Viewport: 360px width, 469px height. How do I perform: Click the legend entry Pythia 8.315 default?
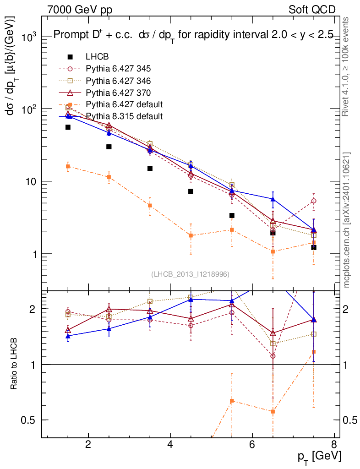124,116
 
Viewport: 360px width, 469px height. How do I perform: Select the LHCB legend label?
97,57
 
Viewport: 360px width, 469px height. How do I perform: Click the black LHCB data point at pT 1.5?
68,127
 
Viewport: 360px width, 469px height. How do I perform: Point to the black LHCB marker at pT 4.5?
191,191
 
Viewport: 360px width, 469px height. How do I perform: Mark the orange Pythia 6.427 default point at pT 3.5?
150,206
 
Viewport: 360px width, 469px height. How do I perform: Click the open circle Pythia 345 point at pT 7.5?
314,201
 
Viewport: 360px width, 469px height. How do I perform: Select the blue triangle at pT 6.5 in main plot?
273,199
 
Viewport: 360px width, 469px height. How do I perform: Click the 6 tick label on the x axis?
252,445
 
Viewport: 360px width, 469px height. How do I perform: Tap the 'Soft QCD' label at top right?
312,10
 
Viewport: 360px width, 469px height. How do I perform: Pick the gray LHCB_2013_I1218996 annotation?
190,274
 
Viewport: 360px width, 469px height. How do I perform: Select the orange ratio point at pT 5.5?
232,401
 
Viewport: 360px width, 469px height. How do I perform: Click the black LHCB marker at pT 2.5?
109,147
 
